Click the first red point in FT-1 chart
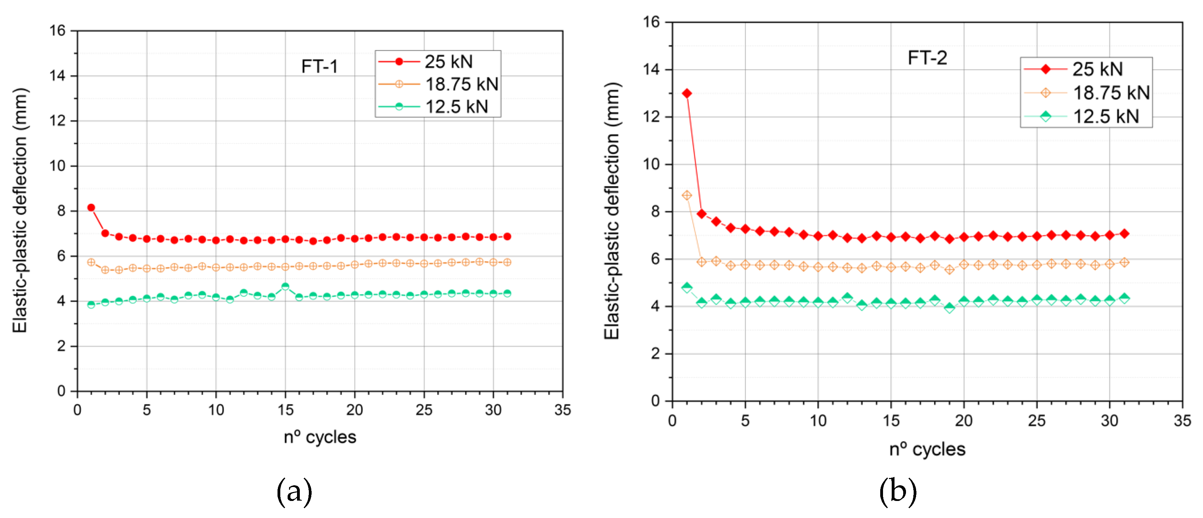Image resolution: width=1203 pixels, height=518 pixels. click(x=91, y=208)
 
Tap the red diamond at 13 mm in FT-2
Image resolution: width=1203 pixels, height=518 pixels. click(x=687, y=93)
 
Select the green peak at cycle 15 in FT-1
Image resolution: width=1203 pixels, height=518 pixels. click(x=285, y=287)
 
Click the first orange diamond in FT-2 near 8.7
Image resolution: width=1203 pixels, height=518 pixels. click(x=687, y=195)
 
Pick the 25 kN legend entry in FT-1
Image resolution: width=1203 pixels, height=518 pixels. click(x=438, y=62)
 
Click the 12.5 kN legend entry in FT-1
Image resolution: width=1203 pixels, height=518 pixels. click(x=438, y=106)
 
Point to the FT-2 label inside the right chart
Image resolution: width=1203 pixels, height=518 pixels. click(x=927, y=58)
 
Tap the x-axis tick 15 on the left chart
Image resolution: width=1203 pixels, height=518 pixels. click(x=285, y=410)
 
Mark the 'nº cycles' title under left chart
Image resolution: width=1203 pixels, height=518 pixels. click(x=320, y=437)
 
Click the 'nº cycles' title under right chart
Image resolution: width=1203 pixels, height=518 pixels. click(x=927, y=449)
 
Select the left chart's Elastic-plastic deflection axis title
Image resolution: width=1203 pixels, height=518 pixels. click(x=19, y=210)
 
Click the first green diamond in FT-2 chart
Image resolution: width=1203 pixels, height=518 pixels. click(x=687, y=287)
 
